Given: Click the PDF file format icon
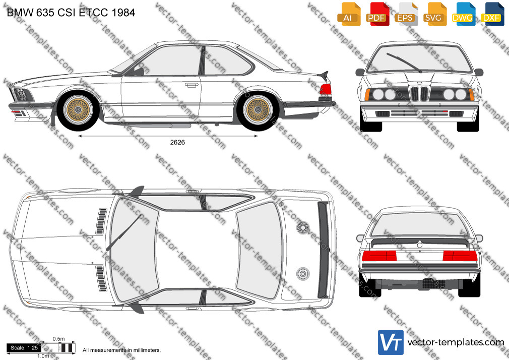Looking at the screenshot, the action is pos(377,14).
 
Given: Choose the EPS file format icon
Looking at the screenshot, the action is pos(406,14).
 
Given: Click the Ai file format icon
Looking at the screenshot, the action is pos(348,14).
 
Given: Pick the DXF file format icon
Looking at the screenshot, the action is pos(492,14).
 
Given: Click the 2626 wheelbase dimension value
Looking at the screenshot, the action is pos(177,142).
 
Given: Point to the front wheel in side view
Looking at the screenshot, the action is pos(78,109).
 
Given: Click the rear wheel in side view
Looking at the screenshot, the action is pos(258,109).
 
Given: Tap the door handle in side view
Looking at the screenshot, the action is pos(192,85).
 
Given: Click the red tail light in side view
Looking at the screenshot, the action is pos(325,89).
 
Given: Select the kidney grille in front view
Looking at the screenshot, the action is pos(419,93).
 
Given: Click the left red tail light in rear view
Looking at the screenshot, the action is pos(379,256).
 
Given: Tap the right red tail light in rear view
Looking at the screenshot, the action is pos(460,256).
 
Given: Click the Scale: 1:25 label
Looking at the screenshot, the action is pos(24,348).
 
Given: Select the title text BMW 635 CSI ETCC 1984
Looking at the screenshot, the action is pos(71,13).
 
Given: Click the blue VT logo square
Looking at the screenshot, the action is pos(391,342).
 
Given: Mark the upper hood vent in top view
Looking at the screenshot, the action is pos(101,221).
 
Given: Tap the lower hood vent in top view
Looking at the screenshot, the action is pos(101,278).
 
